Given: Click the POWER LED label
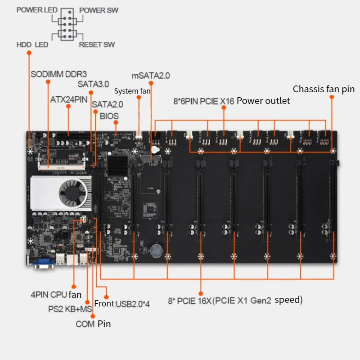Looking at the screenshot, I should coord(37,10).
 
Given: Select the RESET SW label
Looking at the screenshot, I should coord(97,45).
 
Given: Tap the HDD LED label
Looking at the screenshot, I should coord(32,45).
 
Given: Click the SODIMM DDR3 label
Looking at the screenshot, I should coord(58,74).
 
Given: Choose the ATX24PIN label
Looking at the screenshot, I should coord(69,99).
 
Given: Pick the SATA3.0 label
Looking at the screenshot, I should coord(93,84).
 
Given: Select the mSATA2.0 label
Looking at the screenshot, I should coord(151,75).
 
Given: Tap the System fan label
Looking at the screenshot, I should coord(132,91).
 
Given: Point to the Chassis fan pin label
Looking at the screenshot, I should coord(324,89).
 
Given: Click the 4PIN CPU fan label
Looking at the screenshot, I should coord(56,295).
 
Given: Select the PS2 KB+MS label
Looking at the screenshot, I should coord(70,310).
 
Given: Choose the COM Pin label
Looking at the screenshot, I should coord(93,324).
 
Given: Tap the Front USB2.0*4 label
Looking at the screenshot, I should coord(121,304).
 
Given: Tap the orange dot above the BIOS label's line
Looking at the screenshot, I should coord(116,122).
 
